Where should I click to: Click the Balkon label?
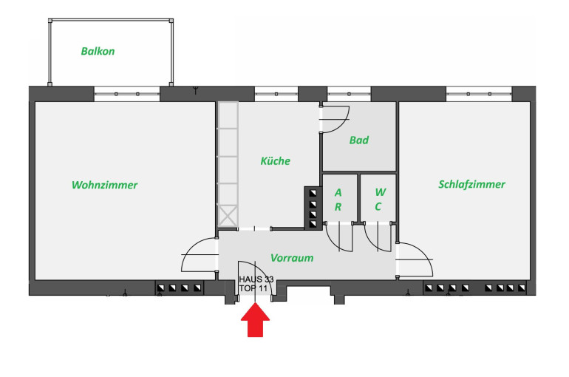[98, 52]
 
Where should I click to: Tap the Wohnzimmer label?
[104, 185]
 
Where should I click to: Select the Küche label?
[275, 160]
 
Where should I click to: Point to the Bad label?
[359, 140]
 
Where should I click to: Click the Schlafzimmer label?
[471, 184]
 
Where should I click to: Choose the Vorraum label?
[292, 258]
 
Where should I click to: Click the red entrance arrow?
[256, 322]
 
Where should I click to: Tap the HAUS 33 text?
[256, 279]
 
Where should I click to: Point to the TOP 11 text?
[253, 288]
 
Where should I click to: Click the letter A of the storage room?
[338, 192]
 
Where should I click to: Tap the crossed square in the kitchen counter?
[228, 216]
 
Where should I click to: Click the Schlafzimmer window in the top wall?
[479, 93]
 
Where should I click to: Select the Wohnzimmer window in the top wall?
[126, 93]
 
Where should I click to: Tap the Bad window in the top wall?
[349, 93]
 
